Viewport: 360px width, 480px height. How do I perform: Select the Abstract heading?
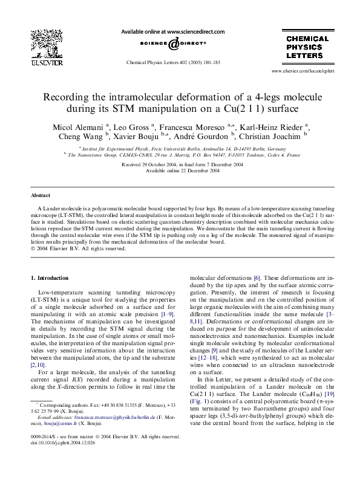41,196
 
